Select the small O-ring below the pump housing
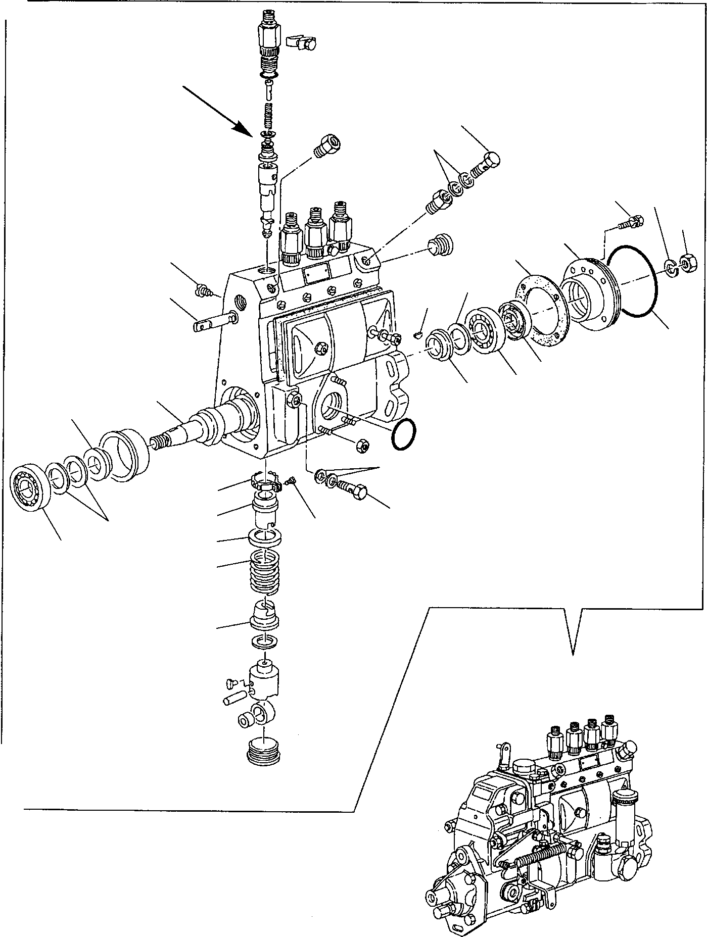click(403, 433)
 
